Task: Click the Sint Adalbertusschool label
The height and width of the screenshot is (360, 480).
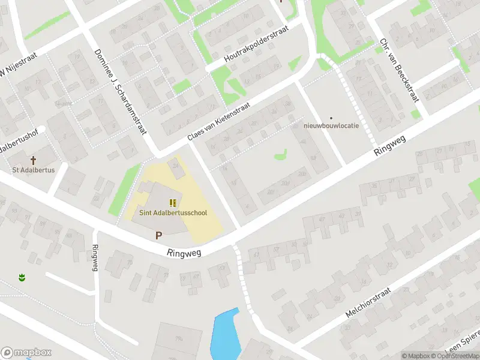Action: [173, 213]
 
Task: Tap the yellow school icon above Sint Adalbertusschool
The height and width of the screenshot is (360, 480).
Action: [173, 203]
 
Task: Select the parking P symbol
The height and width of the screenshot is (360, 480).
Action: [159, 236]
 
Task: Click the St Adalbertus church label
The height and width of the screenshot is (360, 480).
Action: [34, 170]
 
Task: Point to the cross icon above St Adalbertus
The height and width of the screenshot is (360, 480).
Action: [34, 160]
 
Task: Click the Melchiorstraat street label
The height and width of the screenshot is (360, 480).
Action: [367, 305]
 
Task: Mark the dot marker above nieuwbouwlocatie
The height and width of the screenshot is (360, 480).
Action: [331, 118]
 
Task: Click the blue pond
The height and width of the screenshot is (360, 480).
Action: [224, 336]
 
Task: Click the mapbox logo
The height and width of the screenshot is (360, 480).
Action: [25, 352]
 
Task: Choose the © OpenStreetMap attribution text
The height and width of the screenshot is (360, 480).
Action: [455, 356]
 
